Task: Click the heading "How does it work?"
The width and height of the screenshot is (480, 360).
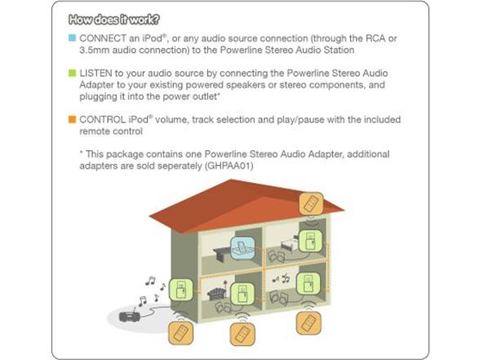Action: point(114,20)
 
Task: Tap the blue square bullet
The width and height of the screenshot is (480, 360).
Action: point(72,38)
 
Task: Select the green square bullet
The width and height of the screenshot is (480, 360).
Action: point(72,73)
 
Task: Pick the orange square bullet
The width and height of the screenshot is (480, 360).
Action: point(72,119)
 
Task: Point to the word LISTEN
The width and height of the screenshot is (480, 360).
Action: point(96,73)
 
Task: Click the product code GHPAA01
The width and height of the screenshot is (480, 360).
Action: point(229,166)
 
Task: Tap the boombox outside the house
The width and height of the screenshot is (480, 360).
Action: point(130,316)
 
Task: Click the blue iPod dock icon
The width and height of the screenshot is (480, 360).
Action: point(242,248)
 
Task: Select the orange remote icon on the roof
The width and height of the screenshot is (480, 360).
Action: point(311,203)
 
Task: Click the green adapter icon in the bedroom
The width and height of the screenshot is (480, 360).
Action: point(310,242)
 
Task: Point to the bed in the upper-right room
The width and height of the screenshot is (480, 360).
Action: point(289,245)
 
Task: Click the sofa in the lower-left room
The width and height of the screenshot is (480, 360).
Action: point(217,294)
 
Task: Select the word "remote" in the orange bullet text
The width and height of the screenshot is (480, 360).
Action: point(94,131)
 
